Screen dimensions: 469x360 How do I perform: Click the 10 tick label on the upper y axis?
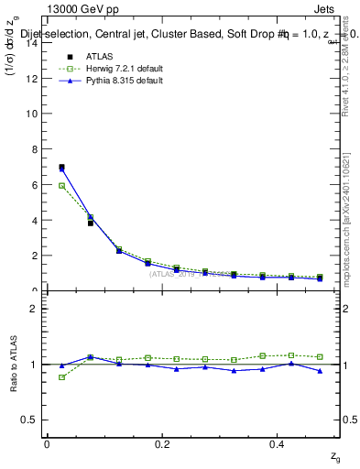(34, 115)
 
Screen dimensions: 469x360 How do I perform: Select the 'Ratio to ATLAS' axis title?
(13, 365)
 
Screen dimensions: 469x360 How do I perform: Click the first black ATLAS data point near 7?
(61, 168)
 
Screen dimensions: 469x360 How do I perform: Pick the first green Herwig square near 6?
(61, 186)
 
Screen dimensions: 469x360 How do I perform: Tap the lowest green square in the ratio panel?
(61, 377)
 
